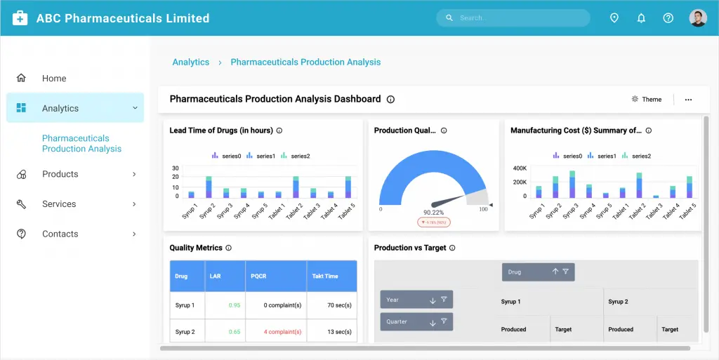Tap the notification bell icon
[641, 18]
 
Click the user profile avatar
[697, 18]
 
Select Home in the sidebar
[54, 79]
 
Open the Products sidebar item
[60, 174]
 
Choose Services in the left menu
[59, 204]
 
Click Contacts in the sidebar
[60, 234]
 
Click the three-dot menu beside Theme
[688, 100]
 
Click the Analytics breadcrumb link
[191, 62]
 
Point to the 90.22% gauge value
[433, 212]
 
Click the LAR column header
[216, 276]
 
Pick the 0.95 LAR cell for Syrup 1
[235, 305]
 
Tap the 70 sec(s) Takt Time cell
[339, 305]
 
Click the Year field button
[416, 300]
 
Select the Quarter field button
[416, 322]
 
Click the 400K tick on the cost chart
[520, 168]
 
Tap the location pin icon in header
[614, 18]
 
